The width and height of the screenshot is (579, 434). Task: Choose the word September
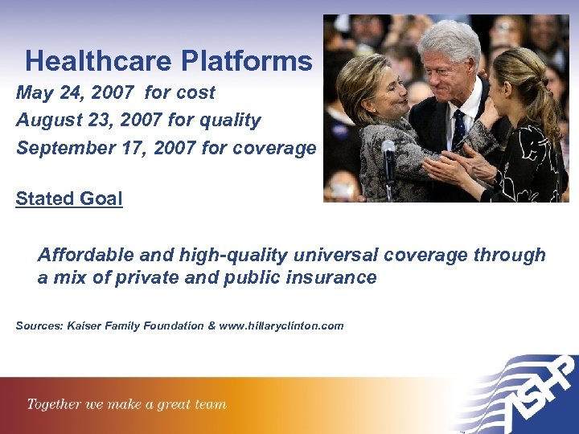coord(64,148)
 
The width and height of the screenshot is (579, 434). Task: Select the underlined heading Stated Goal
coord(69,198)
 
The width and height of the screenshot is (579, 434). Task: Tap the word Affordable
coord(82,256)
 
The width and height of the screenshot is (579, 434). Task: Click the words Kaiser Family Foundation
coord(136,326)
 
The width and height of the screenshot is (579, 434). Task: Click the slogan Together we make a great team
coord(127,404)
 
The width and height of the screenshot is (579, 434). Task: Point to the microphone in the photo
coord(389,149)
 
